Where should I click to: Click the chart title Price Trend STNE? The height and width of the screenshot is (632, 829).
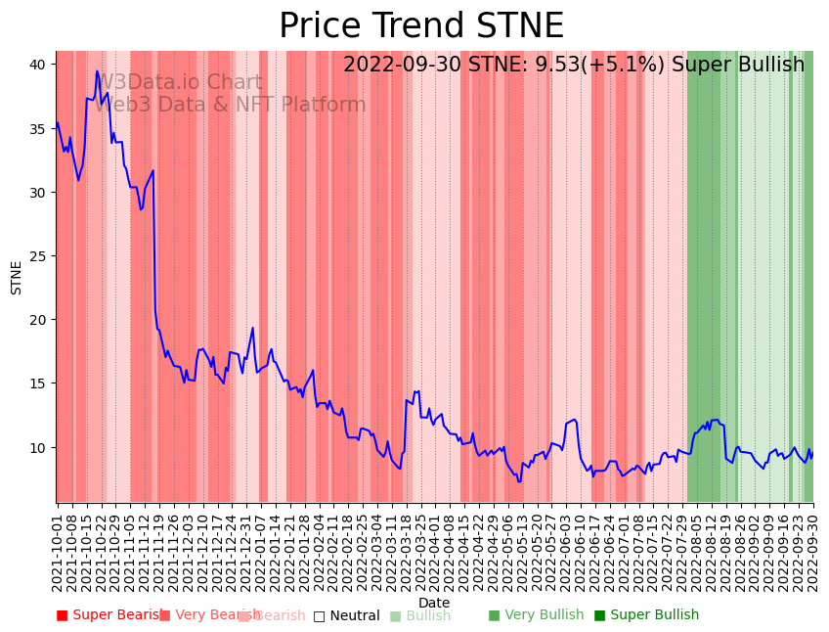click(421, 26)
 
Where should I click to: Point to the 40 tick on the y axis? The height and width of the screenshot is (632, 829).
click(39, 65)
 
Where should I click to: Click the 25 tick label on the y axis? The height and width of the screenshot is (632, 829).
click(39, 256)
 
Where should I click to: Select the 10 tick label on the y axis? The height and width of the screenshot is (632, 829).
click(39, 447)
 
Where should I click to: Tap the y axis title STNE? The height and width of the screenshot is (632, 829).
click(17, 277)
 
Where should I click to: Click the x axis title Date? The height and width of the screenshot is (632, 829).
click(434, 603)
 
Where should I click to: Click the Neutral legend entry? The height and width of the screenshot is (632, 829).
click(346, 615)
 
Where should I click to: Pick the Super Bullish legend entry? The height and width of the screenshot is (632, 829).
click(646, 615)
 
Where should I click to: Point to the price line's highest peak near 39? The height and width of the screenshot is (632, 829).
click(97, 71)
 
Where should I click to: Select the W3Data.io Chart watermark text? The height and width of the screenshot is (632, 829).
click(180, 83)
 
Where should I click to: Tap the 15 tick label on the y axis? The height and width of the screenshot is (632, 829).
click(39, 384)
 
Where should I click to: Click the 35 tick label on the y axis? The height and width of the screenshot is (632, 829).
click(39, 128)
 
